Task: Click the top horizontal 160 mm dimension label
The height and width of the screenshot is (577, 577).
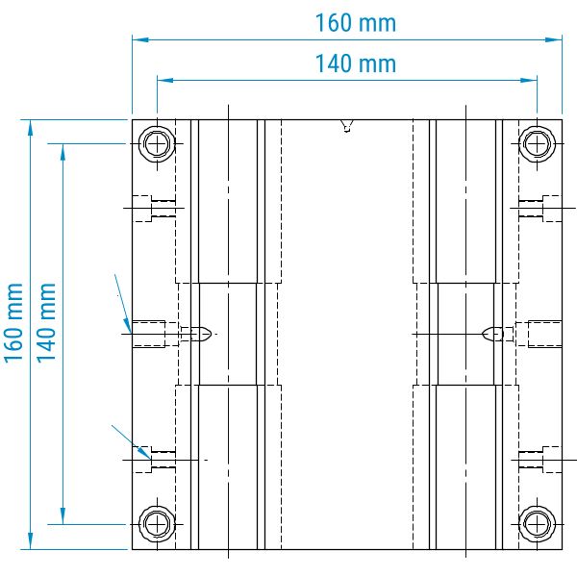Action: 356,23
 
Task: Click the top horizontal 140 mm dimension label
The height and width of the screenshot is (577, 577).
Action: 356,63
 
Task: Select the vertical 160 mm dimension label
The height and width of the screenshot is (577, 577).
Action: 14,323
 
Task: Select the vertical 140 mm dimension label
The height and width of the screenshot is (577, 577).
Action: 46,323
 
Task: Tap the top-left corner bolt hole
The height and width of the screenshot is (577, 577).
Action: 157,143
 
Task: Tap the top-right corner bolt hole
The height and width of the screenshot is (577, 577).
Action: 537,143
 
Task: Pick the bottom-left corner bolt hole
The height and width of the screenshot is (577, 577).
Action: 157,524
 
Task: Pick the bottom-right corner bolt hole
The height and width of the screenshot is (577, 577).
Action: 537,524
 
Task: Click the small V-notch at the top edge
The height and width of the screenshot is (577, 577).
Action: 346,125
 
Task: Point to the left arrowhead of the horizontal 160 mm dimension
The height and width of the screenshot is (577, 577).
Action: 140,39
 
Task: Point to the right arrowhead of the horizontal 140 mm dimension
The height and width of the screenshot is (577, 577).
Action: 529,80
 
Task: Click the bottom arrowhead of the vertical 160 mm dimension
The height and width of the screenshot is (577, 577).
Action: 30,540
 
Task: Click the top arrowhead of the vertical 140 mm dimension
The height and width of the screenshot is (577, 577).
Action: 63,152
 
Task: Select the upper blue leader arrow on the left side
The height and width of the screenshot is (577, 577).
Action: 123,303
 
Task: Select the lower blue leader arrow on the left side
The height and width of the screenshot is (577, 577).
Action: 131,442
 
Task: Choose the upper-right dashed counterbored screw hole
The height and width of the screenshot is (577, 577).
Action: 540,209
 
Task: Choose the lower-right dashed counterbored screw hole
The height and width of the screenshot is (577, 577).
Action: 540,460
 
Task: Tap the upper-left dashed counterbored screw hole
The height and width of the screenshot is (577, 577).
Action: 154,209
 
